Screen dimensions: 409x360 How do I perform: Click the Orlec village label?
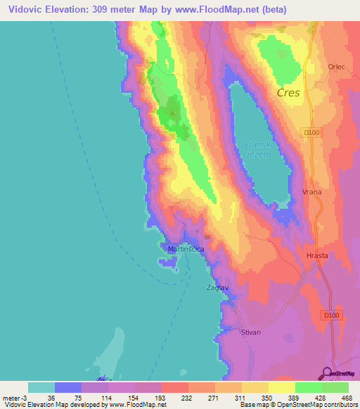pyautogui.click(x=337, y=67)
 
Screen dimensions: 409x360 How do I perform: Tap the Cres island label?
pyautogui.click(x=288, y=93)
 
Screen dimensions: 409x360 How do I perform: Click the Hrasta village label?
pyautogui.click(x=318, y=256)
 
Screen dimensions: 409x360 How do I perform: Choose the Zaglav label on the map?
pyautogui.click(x=217, y=288)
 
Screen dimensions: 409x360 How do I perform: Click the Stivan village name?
pyautogui.click(x=251, y=332)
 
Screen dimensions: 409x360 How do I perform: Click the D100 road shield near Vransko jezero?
pyautogui.click(x=312, y=132)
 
